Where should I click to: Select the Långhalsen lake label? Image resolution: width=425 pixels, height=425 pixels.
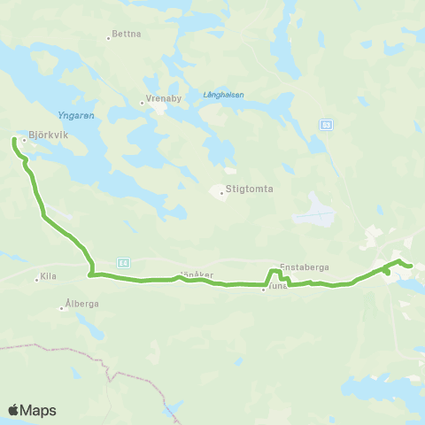[222, 95]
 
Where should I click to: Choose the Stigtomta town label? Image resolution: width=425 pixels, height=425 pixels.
[249, 189]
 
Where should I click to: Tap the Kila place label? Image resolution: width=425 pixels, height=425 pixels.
[49, 277]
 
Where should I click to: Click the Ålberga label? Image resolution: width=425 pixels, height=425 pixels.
[82, 303]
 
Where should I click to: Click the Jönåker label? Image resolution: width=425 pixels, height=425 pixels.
[197, 274]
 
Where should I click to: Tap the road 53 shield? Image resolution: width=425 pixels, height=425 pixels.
[326, 124]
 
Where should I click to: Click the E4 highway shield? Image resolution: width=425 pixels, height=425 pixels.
[123, 262]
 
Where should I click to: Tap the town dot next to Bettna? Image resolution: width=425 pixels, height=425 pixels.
[108, 37]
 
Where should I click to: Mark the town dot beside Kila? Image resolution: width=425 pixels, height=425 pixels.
[36, 279]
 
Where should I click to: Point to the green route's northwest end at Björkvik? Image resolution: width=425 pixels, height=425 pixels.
[14, 139]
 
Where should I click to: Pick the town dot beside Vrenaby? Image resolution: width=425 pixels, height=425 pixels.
[142, 103]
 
